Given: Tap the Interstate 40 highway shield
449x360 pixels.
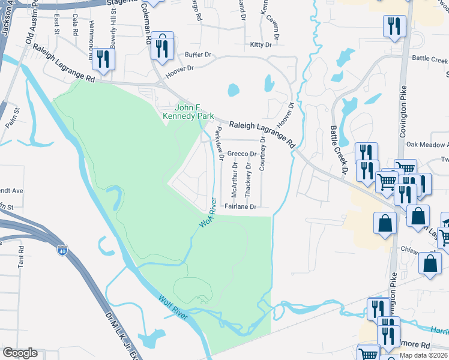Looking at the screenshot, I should [x=62, y=250].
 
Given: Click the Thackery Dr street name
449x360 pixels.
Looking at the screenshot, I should [x=248, y=178].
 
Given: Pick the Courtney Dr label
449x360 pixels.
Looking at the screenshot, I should [x=262, y=153].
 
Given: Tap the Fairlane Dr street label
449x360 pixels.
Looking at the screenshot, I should [x=240, y=206].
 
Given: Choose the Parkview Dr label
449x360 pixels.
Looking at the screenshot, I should [x=220, y=144].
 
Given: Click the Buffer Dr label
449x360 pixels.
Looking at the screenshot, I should [x=198, y=55].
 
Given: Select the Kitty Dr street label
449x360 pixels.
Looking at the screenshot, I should [x=261, y=45].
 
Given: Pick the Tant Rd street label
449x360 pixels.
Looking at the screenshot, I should [x=21, y=256].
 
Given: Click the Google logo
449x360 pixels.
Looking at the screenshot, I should [x=20, y=353].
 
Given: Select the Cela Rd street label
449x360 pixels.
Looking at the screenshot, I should [x=74, y=25].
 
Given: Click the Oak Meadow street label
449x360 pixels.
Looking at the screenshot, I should [x=427, y=145].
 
